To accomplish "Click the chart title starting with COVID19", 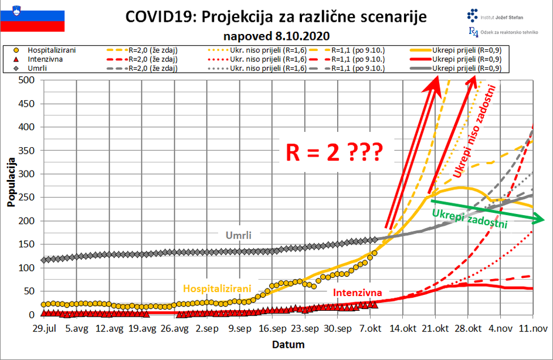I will click(276, 16).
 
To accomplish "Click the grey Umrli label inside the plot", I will click(239, 235).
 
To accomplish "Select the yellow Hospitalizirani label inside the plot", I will click(217, 288).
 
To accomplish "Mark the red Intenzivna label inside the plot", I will click(358, 293).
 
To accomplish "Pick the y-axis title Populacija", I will click(11, 182).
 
